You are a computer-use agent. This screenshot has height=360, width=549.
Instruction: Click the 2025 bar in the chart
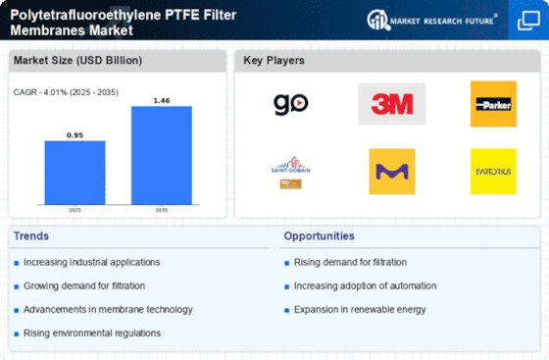point(75,173)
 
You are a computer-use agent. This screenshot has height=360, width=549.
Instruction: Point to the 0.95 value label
point(75,135)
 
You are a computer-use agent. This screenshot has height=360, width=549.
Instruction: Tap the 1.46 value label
point(161,100)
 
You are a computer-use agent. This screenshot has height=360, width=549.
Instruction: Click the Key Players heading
point(274,61)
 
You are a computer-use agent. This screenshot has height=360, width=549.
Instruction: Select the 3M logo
point(391,103)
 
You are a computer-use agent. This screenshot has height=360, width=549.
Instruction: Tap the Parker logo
point(492,103)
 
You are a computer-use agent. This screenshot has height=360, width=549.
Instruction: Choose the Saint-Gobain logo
point(290,171)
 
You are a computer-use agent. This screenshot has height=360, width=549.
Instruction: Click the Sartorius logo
point(492,171)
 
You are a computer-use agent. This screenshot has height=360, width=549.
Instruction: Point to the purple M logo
point(391,171)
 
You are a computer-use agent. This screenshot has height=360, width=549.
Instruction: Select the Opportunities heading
point(321,236)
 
